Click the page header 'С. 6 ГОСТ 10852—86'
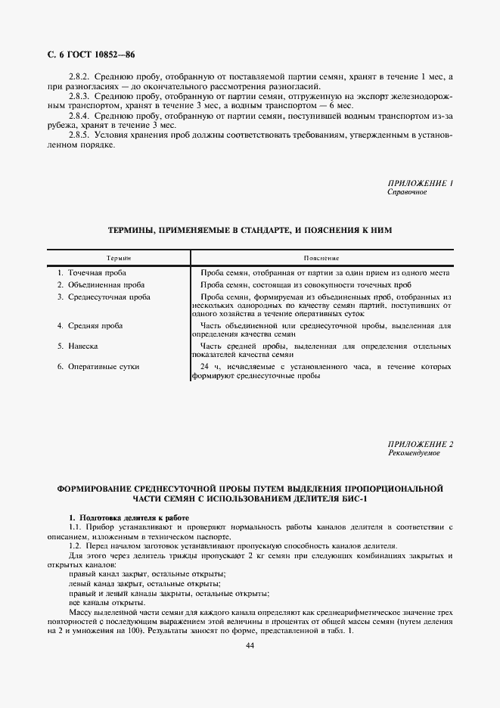[x=92, y=54]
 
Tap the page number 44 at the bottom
[x=250, y=645]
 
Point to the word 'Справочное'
[x=407, y=192]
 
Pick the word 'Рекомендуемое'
[x=413, y=452]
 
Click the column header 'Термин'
[x=119, y=258]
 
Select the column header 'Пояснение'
[x=321, y=258]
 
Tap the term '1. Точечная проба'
[x=92, y=272]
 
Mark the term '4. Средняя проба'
[x=90, y=325]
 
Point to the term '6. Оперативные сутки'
[x=98, y=367]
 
